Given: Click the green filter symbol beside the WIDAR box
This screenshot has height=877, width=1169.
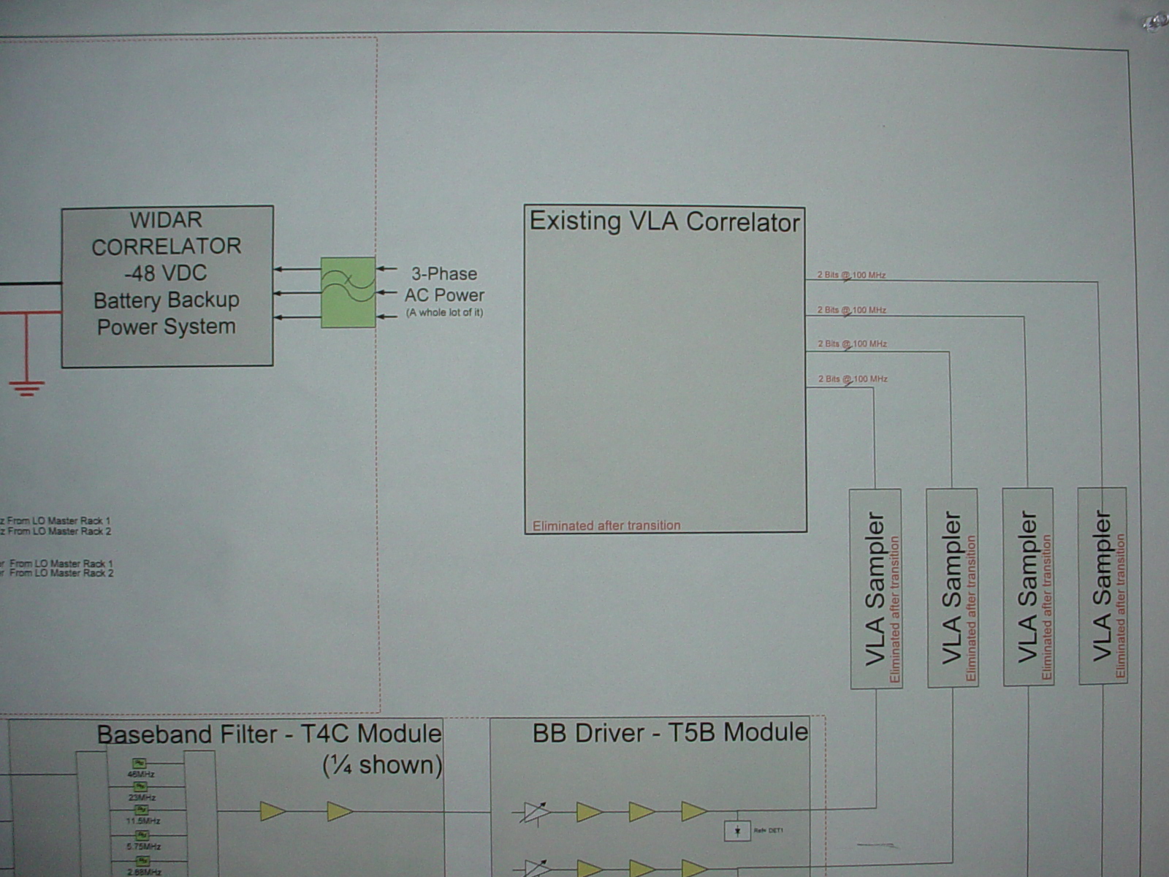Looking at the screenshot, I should [348, 292].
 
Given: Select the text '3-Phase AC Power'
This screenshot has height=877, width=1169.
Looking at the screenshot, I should [444, 284].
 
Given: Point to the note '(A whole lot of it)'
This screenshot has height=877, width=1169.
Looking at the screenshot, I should [444, 313].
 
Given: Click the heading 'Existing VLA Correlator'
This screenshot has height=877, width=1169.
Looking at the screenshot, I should [664, 221].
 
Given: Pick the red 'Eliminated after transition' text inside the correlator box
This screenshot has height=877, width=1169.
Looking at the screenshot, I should [606, 525].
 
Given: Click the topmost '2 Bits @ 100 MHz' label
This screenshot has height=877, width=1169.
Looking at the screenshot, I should [851, 276].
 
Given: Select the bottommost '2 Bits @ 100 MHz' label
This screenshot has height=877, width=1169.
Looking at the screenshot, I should [853, 379].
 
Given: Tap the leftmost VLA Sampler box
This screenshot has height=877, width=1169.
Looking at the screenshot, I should [875, 588].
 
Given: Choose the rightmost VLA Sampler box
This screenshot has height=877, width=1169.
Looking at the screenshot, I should [1103, 585].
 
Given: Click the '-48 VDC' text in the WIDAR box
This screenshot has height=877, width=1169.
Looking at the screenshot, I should [166, 273].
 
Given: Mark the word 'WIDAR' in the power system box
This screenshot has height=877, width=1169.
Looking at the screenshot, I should [166, 220].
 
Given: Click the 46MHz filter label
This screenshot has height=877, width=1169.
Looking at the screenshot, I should [141, 774].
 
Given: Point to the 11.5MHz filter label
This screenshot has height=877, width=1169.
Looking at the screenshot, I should [143, 821].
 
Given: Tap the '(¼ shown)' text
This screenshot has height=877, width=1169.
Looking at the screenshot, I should [382, 765].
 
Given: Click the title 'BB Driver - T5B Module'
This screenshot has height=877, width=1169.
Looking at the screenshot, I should [670, 733].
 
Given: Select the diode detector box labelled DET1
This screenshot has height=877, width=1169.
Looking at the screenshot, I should [737, 831].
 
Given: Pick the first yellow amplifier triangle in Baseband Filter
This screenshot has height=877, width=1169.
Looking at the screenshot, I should [272, 811].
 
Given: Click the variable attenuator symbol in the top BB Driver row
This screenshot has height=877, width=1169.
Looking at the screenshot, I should [536, 812].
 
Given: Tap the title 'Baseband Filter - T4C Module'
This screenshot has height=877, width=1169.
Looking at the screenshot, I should [269, 734].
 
